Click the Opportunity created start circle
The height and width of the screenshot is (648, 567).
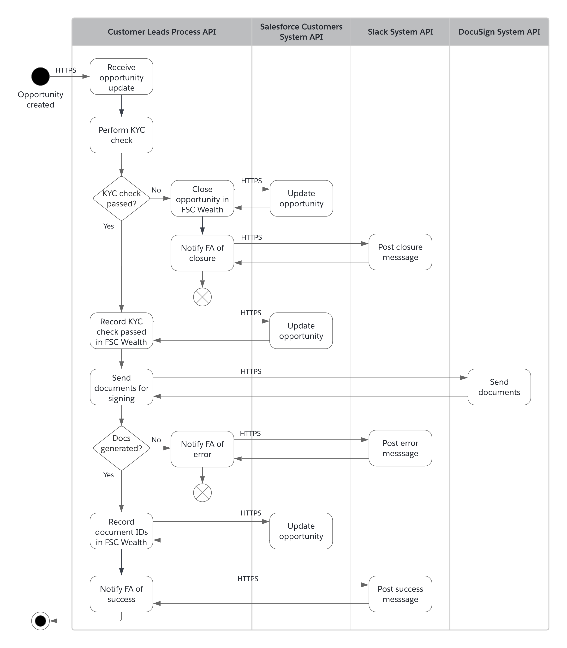(41, 76)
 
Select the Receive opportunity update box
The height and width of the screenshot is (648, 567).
(121, 77)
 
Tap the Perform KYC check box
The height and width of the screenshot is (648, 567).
(121, 135)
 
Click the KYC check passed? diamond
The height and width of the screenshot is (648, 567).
(121, 198)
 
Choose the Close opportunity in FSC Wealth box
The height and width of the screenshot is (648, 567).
(202, 199)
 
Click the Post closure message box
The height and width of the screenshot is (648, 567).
(400, 252)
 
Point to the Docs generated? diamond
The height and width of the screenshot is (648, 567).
(121, 448)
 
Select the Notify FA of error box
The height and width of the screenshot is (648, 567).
(202, 449)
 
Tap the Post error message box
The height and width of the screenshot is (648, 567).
(400, 448)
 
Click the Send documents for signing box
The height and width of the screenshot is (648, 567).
(121, 387)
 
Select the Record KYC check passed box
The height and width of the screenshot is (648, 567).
(121, 331)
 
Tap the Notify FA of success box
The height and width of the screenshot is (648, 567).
(121, 594)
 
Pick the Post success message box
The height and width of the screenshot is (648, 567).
(400, 594)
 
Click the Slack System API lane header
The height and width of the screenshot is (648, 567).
(400, 32)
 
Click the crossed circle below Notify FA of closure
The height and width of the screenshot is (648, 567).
(202, 297)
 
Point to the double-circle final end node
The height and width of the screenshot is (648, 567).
(41, 621)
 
